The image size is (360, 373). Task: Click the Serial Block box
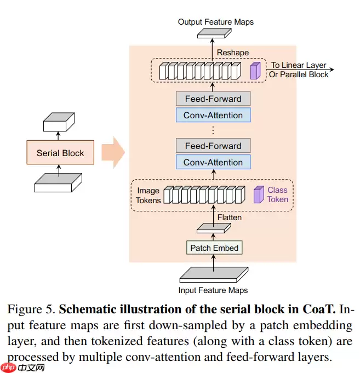click(60, 153)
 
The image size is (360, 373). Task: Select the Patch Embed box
click(214, 248)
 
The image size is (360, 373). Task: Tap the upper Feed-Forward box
click(213, 99)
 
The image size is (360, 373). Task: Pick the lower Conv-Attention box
click(213, 162)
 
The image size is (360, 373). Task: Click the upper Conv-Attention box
click(213, 115)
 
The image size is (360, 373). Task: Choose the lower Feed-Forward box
click(213, 146)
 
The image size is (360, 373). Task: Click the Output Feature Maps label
click(216, 22)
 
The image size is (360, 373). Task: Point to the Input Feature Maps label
click(213, 290)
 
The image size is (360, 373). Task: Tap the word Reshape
click(233, 53)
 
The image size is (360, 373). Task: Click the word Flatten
click(230, 217)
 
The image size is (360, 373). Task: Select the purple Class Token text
click(277, 195)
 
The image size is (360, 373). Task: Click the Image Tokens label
click(148, 196)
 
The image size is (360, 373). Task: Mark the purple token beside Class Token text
click(258, 195)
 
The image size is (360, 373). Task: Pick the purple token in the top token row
click(254, 71)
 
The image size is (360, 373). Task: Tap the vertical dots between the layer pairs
click(213, 130)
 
